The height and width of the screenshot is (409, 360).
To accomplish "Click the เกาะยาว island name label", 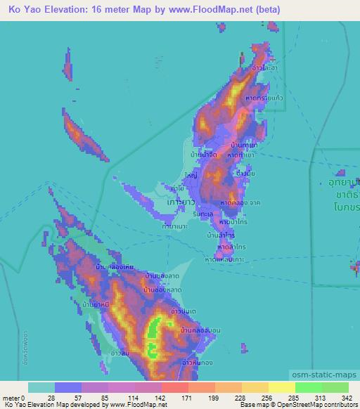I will click(181, 202).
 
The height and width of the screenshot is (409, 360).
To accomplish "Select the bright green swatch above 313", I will click(307, 387).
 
